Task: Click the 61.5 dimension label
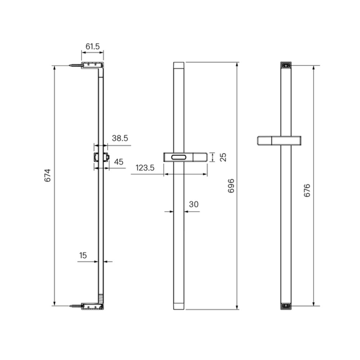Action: tap(93, 46)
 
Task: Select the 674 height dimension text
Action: tap(48, 175)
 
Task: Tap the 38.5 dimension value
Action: tap(120, 138)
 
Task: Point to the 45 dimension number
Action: tap(118, 162)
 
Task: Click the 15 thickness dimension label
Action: tap(83, 255)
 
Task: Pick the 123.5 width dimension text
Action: tap(145, 168)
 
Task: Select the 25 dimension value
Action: tap(223, 157)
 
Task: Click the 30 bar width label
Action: tap(194, 204)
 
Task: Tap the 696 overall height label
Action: tap(231, 186)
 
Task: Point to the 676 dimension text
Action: tap(307, 190)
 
